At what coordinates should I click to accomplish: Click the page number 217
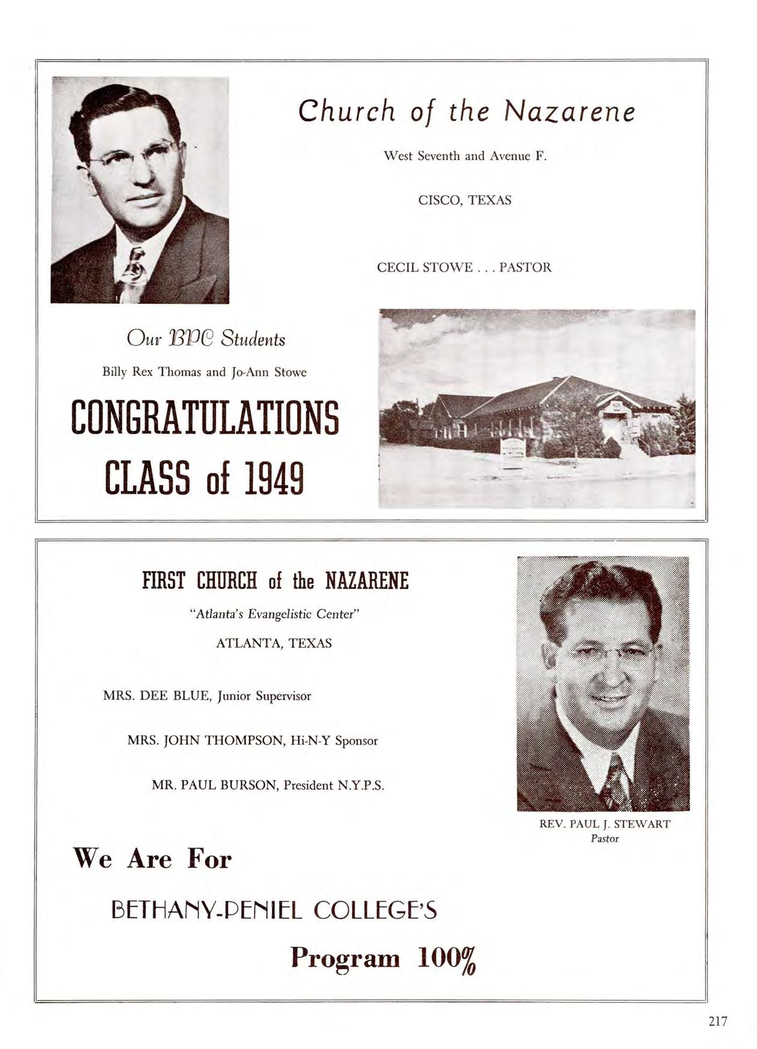[x=717, y=1021]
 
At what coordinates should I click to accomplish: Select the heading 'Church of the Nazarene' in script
[x=466, y=112]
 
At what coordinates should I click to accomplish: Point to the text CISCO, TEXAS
[x=465, y=200]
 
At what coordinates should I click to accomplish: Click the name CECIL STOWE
[x=424, y=267]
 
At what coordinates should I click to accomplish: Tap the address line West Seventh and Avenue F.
[x=465, y=156]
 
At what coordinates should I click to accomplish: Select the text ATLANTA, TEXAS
[x=274, y=643]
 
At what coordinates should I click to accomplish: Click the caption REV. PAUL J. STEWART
[x=605, y=824]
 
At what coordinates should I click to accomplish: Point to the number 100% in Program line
[x=447, y=958]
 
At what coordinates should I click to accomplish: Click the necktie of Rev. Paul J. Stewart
[x=616, y=781]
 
